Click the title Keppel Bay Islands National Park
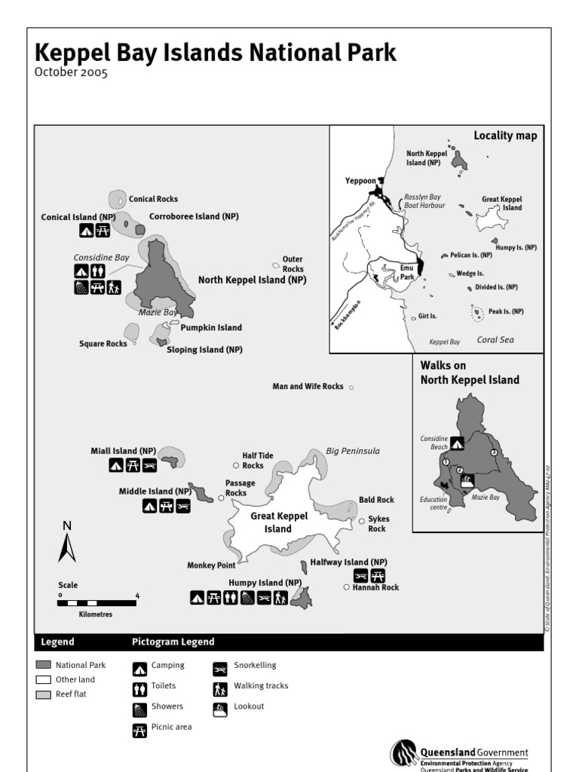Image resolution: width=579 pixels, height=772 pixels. tap(215, 53)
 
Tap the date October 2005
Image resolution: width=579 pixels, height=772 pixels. tap(71, 73)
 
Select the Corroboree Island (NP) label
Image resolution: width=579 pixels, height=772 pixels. tap(194, 216)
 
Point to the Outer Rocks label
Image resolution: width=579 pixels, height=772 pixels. tap(293, 264)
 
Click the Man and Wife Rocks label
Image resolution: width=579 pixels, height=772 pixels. tap(308, 386)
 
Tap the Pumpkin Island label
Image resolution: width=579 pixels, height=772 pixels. tap(211, 328)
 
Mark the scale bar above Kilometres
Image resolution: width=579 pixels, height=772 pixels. tap(97, 603)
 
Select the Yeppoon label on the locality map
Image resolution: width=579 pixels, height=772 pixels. tap(360, 181)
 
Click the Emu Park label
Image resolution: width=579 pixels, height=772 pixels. tap(407, 272)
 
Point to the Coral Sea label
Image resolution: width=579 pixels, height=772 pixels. tap(495, 340)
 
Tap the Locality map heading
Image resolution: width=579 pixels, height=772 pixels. tap(505, 136)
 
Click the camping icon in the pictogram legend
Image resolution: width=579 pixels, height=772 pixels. tap(139, 668)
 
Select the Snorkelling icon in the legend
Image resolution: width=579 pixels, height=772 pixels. tap(220, 667)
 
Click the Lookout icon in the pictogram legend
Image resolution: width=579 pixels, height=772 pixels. tap(220, 708)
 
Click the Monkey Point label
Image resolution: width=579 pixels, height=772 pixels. tap(212, 565)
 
